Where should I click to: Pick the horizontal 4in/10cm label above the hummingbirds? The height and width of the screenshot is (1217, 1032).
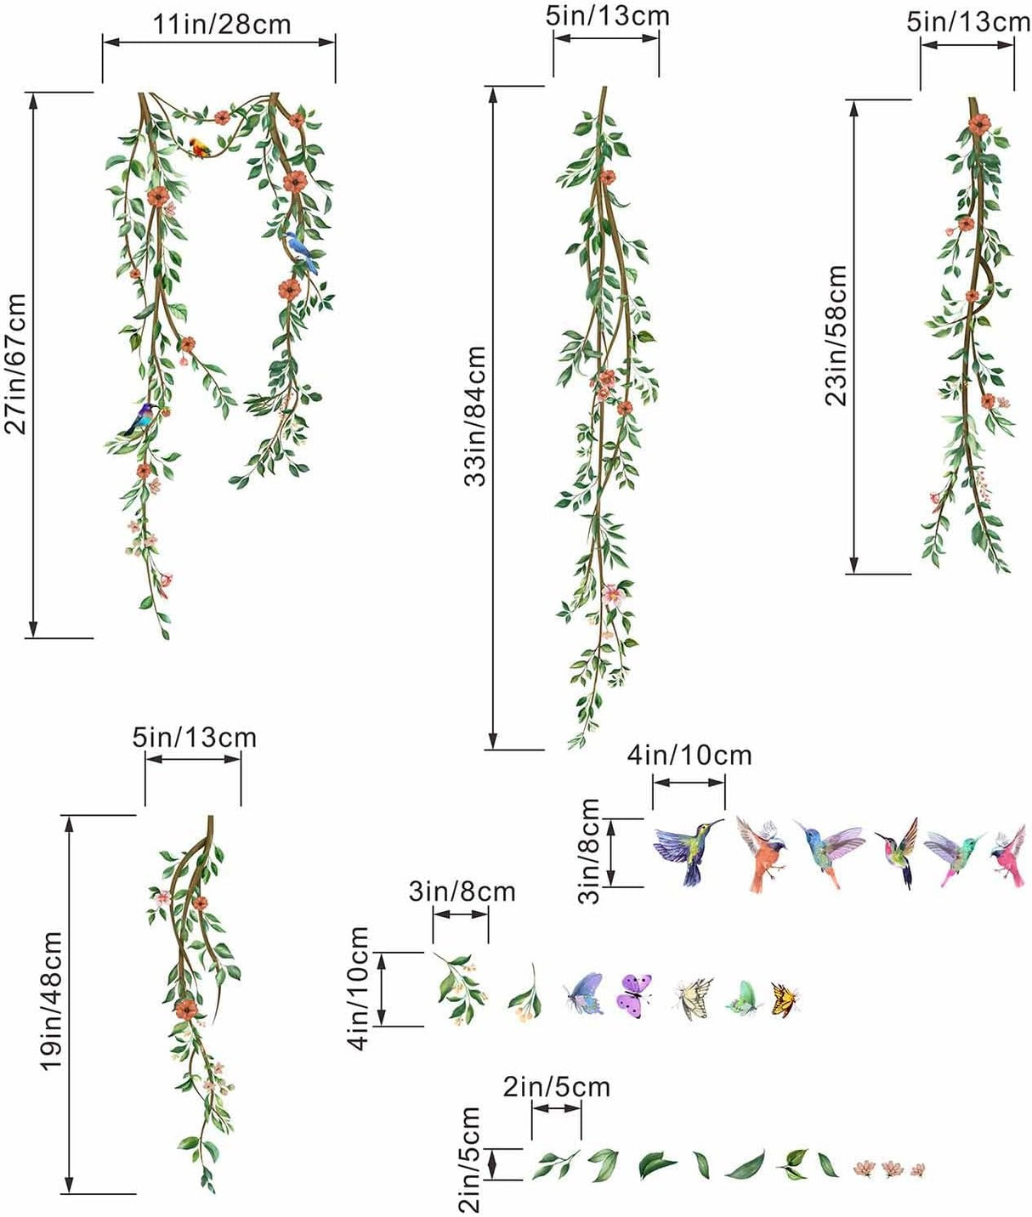[689, 755]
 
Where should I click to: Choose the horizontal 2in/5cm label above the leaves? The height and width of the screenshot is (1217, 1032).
[556, 1086]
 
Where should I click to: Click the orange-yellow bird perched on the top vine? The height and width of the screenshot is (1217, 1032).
[200, 147]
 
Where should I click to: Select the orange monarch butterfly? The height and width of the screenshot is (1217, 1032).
[785, 999]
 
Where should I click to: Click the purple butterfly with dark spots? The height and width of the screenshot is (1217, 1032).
[634, 995]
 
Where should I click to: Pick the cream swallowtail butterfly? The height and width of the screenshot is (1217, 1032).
[695, 997]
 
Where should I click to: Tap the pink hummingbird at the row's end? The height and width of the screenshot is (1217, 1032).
[1009, 853]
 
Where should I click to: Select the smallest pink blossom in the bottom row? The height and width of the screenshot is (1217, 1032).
[917, 1170]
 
